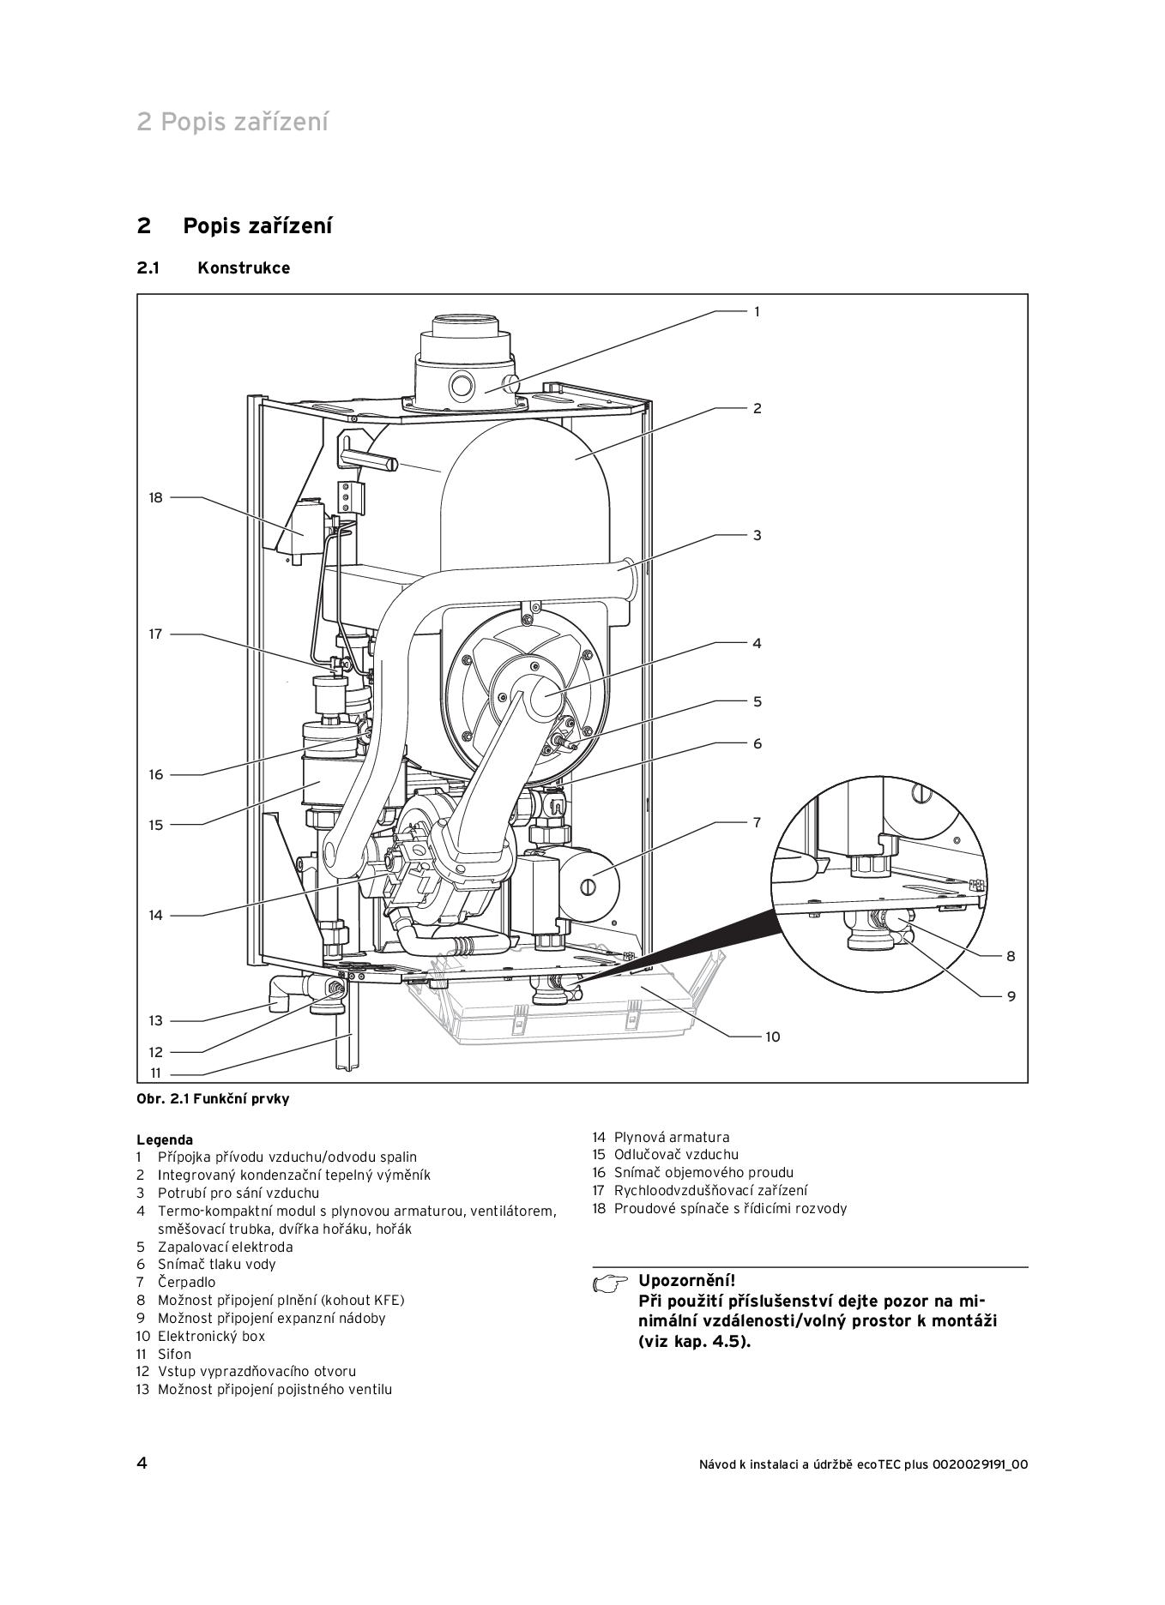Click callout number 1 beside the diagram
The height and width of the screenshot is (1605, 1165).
[x=757, y=312]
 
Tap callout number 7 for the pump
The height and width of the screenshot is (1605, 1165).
[x=757, y=822]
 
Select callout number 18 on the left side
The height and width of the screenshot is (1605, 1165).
[x=155, y=497]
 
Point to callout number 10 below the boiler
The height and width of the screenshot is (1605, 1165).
[x=772, y=1037]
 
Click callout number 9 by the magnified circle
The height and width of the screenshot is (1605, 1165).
[x=1011, y=996]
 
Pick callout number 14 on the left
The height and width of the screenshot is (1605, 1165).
[x=155, y=915]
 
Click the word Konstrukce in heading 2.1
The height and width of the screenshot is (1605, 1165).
[x=244, y=267]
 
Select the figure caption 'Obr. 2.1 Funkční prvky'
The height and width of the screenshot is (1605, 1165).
[x=213, y=1099]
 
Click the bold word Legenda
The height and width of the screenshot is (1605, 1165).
[x=165, y=1140]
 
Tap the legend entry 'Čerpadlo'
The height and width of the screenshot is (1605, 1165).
[x=186, y=1283]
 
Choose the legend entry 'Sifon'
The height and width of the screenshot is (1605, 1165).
[x=174, y=1354]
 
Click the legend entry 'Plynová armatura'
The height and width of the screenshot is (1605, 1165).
[x=671, y=1138]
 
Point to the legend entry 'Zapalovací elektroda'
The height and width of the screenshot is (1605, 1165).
[x=225, y=1247]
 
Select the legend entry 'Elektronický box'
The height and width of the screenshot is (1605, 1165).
[x=211, y=1336]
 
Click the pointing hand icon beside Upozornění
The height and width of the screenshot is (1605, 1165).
[x=610, y=1283]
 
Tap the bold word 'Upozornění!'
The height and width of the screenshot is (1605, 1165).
[x=686, y=1282]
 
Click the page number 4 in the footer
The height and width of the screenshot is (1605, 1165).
[x=142, y=1464]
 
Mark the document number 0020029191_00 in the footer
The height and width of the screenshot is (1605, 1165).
[x=980, y=1464]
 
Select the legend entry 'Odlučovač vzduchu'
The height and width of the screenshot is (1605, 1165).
[x=675, y=1155]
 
